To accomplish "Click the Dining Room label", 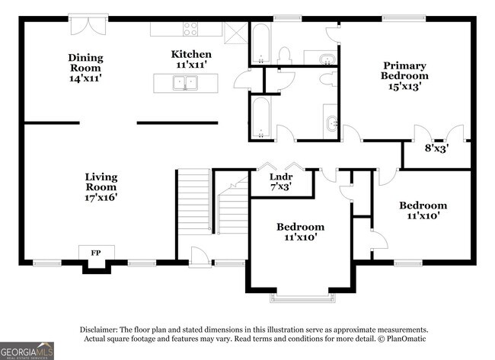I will tap(85, 68).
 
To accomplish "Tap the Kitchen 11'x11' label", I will tap(191, 60).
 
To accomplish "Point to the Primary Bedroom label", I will tap(404, 76).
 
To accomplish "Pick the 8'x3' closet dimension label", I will tap(436, 148).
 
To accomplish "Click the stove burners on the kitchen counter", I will tap(190, 29).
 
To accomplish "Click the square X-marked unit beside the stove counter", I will tap(235, 29).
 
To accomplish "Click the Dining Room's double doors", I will tap(88, 24).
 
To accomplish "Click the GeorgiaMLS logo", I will tap(27, 349).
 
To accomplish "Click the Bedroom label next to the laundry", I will tap(300, 231).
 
